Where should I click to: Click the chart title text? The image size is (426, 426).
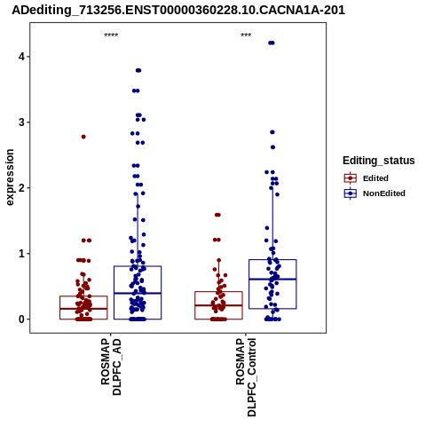(178, 11)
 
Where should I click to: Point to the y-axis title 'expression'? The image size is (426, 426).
(10, 177)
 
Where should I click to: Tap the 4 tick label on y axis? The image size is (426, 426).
(21, 56)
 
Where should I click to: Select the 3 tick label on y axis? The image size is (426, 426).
(21, 122)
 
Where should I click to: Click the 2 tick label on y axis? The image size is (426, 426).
(21, 187)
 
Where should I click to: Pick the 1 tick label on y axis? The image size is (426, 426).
(21, 254)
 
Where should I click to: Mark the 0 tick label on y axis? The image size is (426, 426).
(21, 319)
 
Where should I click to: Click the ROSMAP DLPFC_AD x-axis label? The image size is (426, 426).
(111, 367)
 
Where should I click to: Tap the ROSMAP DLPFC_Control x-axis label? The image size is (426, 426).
(246, 377)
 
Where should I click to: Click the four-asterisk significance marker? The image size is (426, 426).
(111, 35)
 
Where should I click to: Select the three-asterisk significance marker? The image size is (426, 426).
(246, 35)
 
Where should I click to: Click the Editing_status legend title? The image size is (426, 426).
(379, 161)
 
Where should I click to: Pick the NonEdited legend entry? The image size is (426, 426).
(375, 193)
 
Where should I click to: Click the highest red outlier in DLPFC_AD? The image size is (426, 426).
(83, 137)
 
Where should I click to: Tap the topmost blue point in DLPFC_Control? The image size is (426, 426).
(272, 43)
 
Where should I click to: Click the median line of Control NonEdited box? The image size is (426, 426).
(272, 279)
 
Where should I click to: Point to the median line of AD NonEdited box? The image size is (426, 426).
(138, 293)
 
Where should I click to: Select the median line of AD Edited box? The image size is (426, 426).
(83, 309)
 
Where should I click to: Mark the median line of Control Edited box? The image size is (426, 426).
(218, 305)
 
